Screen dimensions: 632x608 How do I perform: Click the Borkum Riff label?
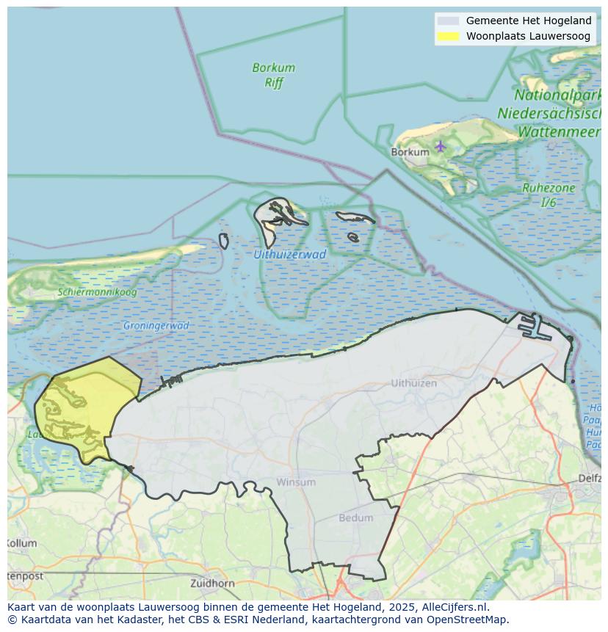[273, 75]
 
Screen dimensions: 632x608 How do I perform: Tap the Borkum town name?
[410, 152]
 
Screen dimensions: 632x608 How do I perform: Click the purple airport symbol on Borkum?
[441, 146]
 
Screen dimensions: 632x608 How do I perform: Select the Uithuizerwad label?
[289, 255]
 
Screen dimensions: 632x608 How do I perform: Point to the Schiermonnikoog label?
[97, 292]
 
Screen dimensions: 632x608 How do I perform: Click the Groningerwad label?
[156, 325]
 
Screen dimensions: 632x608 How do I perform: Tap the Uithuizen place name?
[413, 383]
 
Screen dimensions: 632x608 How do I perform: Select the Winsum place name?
[296, 482]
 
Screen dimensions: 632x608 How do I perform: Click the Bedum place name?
[355, 518]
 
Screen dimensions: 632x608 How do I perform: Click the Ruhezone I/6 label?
[549, 195]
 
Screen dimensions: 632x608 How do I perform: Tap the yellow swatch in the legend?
[447, 36]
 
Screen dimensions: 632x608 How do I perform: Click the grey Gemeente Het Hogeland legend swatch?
[447, 21]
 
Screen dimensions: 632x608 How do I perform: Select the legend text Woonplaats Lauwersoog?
[528, 36]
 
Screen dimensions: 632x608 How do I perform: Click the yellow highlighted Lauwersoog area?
[81, 407]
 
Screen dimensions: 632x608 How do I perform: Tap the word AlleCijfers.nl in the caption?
[455, 607]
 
